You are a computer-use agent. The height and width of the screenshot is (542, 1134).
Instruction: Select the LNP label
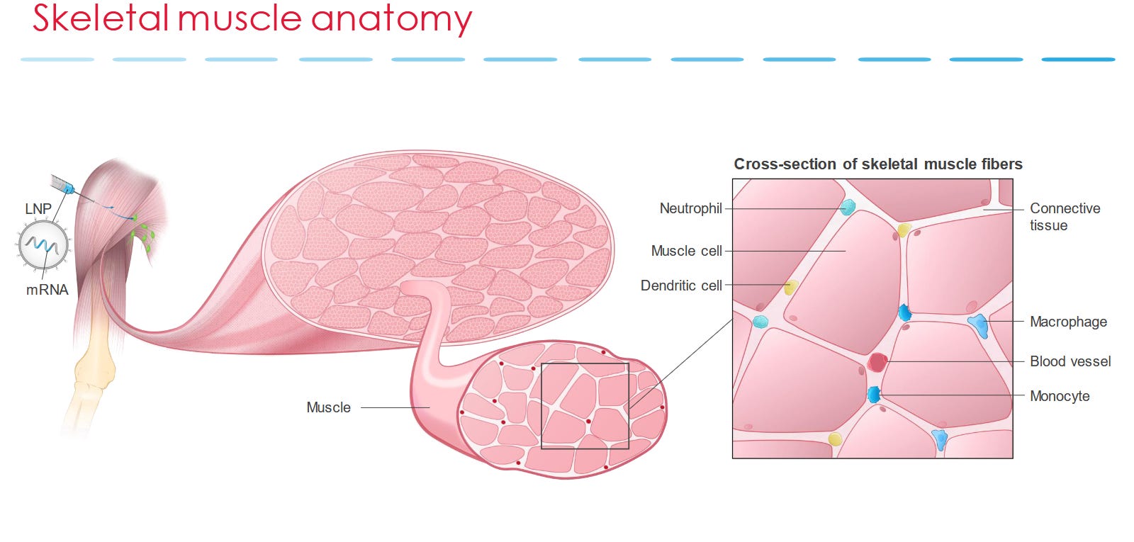[x=38, y=209]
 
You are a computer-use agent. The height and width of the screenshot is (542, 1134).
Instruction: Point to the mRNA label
[x=47, y=290]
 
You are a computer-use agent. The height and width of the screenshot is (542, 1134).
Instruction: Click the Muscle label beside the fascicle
[x=328, y=407]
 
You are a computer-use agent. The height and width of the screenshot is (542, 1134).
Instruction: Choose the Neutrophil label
[x=690, y=208]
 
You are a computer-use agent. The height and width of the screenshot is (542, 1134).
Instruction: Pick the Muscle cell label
[x=686, y=251]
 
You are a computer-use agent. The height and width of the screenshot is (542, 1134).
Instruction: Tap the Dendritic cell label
[x=681, y=286]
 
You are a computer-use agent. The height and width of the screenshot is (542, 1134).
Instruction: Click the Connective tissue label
[x=1065, y=217]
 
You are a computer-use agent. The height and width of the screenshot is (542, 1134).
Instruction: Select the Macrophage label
[x=1068, y=322]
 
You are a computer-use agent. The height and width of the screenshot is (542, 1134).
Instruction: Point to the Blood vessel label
[x=1070, y=361]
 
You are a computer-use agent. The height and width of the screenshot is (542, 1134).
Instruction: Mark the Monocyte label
[x=1060, y=396]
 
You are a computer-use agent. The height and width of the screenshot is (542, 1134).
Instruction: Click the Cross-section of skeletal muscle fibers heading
[x=877, y=164]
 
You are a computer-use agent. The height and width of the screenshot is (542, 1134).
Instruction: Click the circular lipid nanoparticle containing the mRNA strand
[x=44, y=244]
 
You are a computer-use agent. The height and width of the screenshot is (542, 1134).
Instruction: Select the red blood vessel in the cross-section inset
[x=877, y=362]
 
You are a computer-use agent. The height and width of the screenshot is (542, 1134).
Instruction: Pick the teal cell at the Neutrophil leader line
[x=848, y=208]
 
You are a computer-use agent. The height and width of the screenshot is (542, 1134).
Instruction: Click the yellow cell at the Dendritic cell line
[x=792, y=287]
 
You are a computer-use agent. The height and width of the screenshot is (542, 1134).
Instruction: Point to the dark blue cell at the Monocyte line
[x=874, y=395]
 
